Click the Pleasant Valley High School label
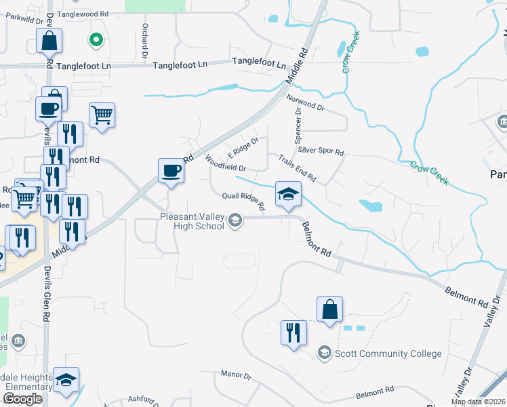click(192, 221)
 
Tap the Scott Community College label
click(388, 353)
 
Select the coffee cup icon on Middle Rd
click(171, 170)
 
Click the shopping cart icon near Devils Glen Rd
click(102, 115)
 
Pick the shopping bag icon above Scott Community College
click(329, 309)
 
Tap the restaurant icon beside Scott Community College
click(293, 332)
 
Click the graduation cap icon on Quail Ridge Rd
click(288, 194)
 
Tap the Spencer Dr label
click(298, 119)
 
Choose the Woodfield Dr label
click(224, 163)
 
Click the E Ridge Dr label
click(243, 145)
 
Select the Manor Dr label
click(236, 374)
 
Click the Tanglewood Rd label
click(83, 14)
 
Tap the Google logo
click(23, 399)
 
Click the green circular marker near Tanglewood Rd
click(96, 40)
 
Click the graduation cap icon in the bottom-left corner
click(66, 381)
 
